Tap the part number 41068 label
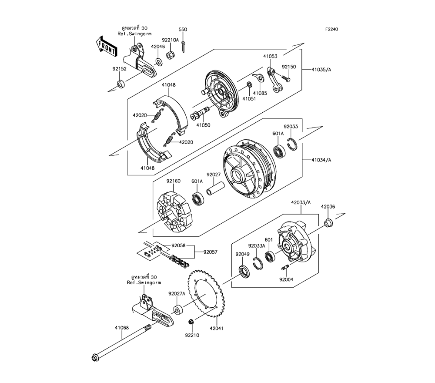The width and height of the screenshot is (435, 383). [x=122, y=327]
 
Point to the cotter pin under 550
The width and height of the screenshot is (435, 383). [x=184, y=46]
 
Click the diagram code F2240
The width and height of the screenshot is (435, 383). [x=331, y=29]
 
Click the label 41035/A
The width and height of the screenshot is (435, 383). [x=321, y=70]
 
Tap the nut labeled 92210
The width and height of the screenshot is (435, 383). [x=191, y=322]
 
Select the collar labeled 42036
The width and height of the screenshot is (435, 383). [x=328, y=222]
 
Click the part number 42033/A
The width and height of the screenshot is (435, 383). [x=301, y=202]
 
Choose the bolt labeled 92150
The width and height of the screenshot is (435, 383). [x=286, y=78]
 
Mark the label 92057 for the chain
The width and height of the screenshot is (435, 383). [x=210, y=252]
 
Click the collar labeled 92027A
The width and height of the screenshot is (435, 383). [x=178, y=310]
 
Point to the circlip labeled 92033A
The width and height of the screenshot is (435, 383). [x=258, y=263]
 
